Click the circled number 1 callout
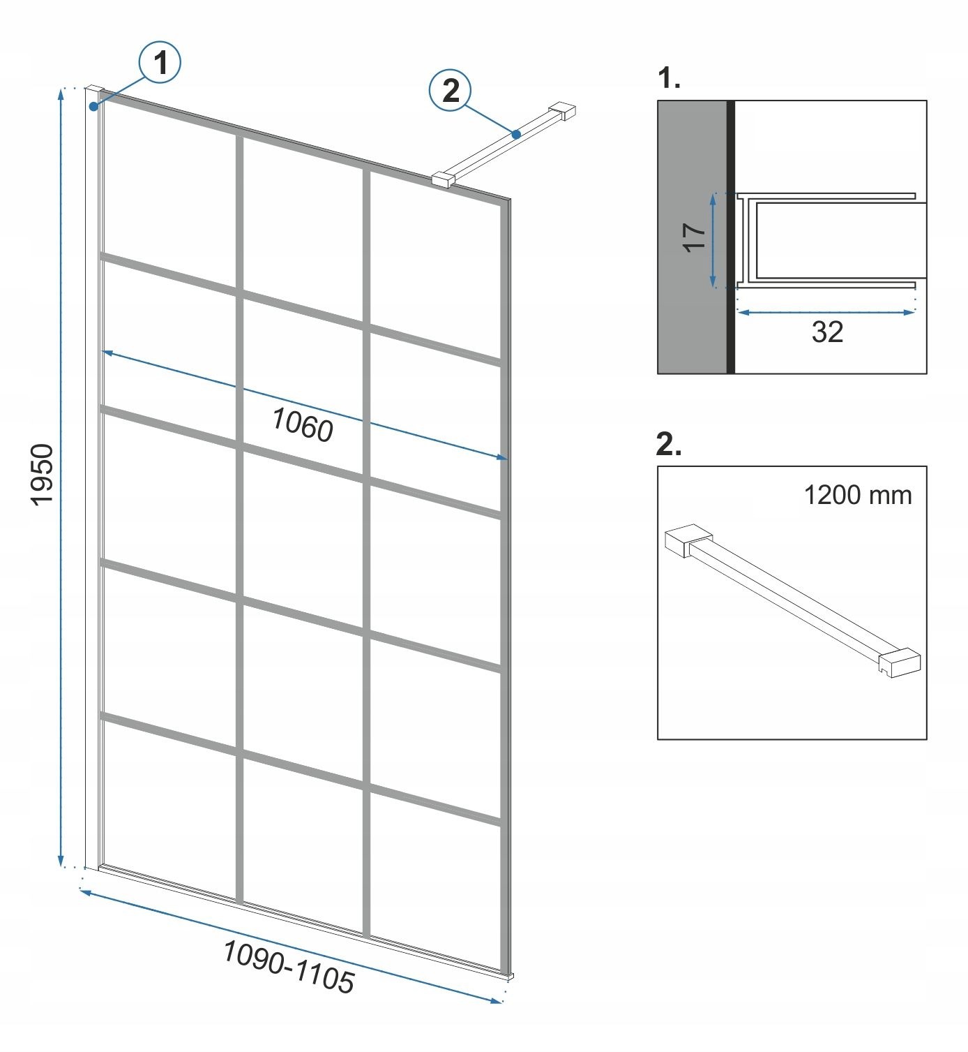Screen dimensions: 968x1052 pyautogui.click(x=160, y=62)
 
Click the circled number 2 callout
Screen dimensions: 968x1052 pyautogui.click(x=451, y=91)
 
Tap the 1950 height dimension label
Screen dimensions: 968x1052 pyautogui.click(x=42, y=475)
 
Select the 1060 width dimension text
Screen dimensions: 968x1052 pyautogui.click(x=303, y=425)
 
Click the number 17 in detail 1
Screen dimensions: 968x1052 pyautogui.click(x=695, y=237)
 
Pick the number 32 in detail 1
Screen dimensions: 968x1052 pyautogui.click(x=828, y=332)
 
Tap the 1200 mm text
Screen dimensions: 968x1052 pyautogui.click(x=858, y=495)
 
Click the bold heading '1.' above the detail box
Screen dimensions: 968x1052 pyautogui.click(x=669, y=78)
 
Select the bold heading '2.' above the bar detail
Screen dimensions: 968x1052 pyautogui.click(x=669, y=444)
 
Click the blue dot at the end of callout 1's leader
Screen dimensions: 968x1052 pyautogui.click(x=93, y=107)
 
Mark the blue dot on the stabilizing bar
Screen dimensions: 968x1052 pyautogui.click(x=517, y=134)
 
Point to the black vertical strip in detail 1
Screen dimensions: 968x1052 pyautogui.click(x=731, y=237)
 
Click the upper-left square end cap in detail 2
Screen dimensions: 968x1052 pyautogui.click(x=688, y=540)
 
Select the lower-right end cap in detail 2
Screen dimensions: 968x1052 pyautogui.click(x=900, y=662)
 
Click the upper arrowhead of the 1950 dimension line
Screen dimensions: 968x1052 pyautogui.click(x=61, y=94)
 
